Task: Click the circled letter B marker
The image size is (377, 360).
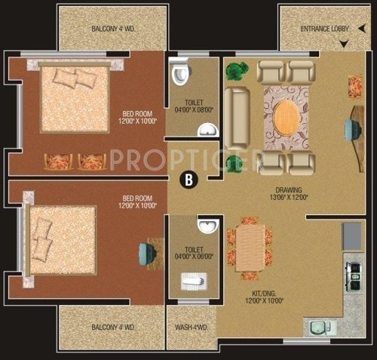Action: tap(187, 179)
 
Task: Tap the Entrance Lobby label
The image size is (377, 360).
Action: tap(326, 29)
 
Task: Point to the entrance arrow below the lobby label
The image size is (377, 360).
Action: tap(344, 45)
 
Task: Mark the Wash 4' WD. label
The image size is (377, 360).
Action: tap(192, 327)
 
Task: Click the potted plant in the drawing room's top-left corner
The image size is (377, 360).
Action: tap(236, 72)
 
